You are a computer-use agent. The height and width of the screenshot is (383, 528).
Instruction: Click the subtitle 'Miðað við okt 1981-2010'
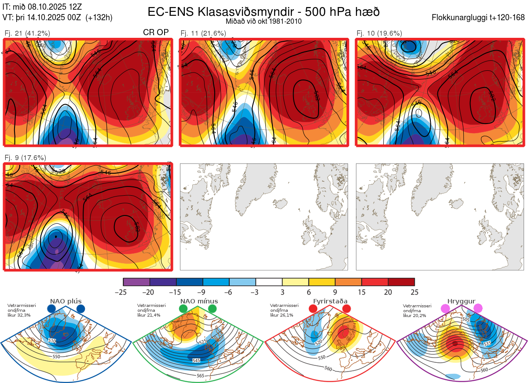pyautogui.click(x=263, y=21)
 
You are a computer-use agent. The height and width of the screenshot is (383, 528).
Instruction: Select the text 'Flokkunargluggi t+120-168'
pyautogui.click(x=479, y=18)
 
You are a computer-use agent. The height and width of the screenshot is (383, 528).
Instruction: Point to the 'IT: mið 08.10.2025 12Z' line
pyautogui.click(x=42, y=7)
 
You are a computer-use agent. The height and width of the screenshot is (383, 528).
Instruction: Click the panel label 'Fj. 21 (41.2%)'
pyautogui.click(x=27, y=33)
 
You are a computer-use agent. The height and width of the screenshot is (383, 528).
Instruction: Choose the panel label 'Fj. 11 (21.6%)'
pyautogui.click(x=203, y=33)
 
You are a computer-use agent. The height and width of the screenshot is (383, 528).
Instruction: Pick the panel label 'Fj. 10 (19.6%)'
pyautogui.click(x=379, y=33)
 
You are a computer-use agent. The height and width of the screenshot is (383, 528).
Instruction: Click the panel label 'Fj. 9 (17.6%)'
pyautogui.click(x=26, y=157)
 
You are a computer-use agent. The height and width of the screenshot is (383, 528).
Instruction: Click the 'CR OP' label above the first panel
pyautogui.click(x=156, y=33)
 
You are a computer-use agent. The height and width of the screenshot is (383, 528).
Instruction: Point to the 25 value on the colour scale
pyautogui.click(x=414, y=292)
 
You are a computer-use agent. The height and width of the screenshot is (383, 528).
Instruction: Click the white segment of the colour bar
pyautogui.click(x=269, y=282)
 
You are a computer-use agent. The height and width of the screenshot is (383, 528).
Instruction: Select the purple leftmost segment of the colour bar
pyautogui.click(x=136, y=282)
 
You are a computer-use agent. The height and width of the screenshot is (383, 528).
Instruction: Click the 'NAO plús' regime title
pyautogui.click(x=66, y=301)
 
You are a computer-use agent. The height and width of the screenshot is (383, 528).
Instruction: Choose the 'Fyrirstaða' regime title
pyautogui.click(x=330, y=301)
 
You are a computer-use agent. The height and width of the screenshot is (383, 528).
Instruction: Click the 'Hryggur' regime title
pyautogui.click(x=460, y=301)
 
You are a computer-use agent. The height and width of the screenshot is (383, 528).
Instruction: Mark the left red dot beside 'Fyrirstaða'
pyautogui.click(x=313, y=309)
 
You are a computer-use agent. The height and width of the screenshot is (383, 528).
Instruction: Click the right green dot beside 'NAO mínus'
pyautogui.click(x=213, y=309)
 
